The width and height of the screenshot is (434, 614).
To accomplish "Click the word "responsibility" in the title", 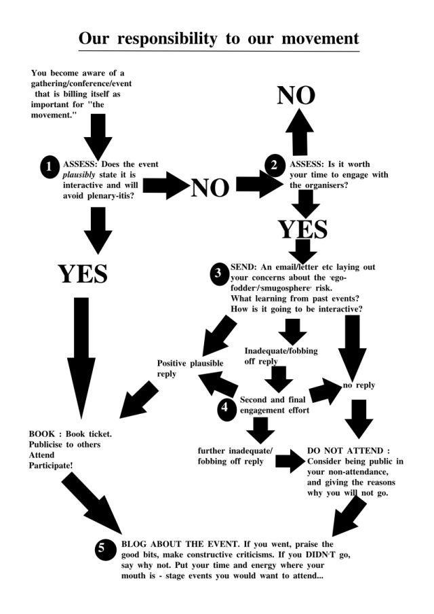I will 178,39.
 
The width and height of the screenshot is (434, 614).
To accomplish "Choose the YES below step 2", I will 303,229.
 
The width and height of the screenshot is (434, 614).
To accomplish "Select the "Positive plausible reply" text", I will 190,368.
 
